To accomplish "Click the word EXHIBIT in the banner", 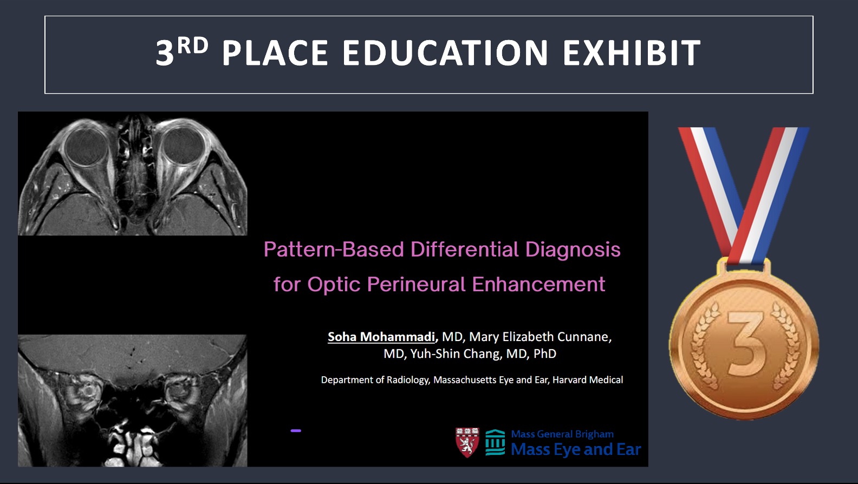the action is coord(632,53).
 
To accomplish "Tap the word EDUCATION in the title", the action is coord(445,53).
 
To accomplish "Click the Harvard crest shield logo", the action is coord(467,442).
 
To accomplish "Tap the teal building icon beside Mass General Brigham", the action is coord(495,442).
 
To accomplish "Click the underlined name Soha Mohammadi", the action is coord(381,337).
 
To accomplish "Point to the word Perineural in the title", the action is coord(417,284).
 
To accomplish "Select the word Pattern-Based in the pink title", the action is coord(334,249).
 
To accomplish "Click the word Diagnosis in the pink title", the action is coord(573,250).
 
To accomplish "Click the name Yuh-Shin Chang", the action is coord(456,354).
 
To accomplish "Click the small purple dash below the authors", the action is coord(296,431).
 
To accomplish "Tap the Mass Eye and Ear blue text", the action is coord(576,449).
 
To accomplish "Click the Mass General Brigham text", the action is coord(562,434).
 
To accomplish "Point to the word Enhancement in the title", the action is coord(538,284).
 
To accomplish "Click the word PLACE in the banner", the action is coord(275,53).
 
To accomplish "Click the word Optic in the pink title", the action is coord(334,285).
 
